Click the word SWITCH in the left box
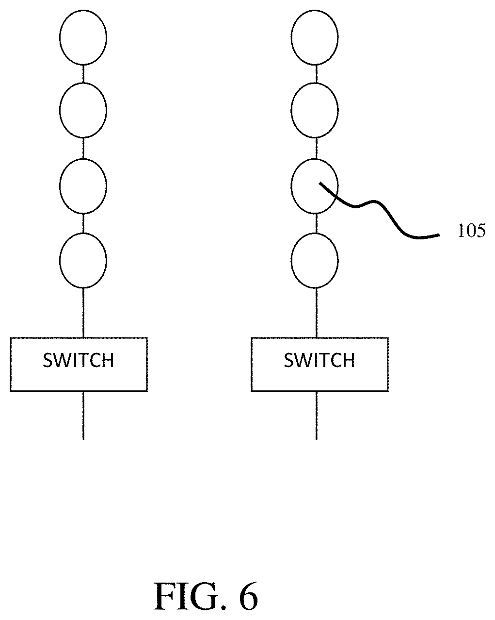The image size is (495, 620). (79, 360)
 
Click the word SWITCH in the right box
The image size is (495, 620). (319, 360)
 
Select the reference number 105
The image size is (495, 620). (471, 231)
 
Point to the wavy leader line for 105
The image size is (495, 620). (374, 201)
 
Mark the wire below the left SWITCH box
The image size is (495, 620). (83, 415)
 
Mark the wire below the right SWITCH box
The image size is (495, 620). (317, 415)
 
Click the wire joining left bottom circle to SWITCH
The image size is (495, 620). (83, 313)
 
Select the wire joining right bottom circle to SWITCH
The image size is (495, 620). (317, 313)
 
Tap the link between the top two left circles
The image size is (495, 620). (83, 74)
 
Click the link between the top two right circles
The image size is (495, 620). (317, 74)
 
